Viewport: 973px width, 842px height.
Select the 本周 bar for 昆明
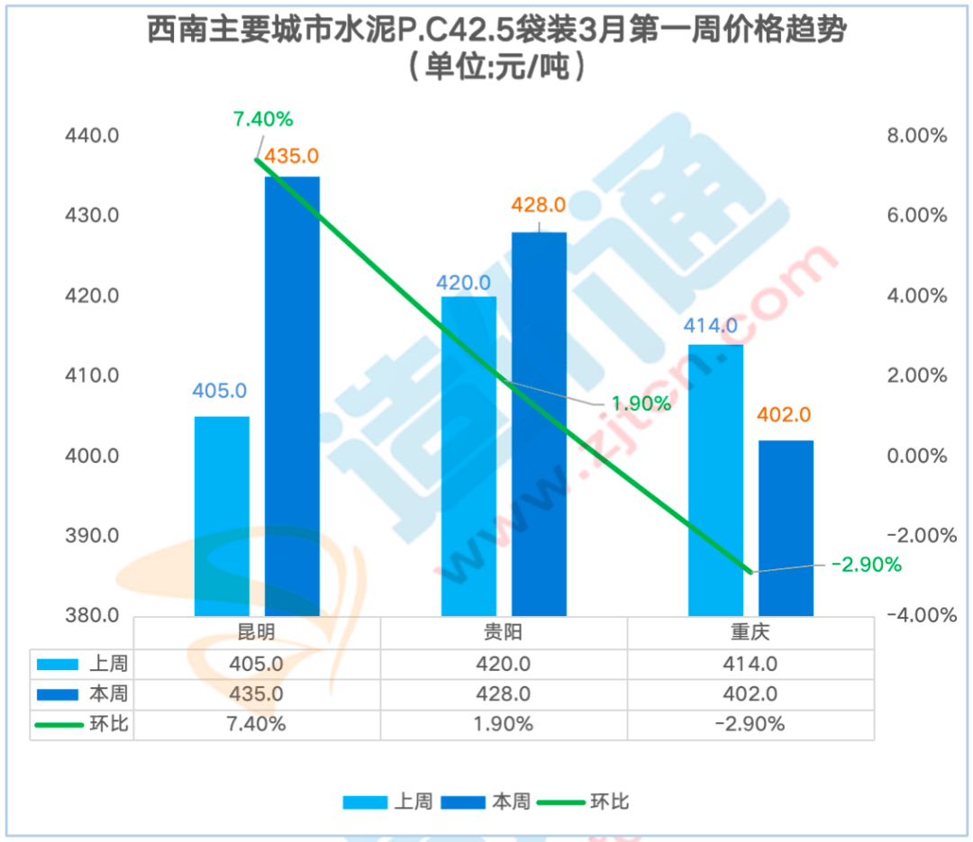[292, 396]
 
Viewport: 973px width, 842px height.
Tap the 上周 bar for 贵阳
[468, 456]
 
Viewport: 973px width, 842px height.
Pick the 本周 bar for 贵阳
[539, 424]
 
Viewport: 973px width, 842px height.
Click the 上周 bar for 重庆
[715, 480]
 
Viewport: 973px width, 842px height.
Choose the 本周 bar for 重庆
[786, 528]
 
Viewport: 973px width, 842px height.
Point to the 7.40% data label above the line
[263, 119]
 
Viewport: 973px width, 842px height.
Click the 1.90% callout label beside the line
[641, 403]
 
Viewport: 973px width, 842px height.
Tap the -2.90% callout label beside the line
[866, 565]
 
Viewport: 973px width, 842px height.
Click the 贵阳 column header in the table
[504, 632]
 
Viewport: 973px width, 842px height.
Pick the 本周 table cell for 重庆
[750, 694]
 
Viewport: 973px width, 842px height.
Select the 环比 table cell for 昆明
[257, 724]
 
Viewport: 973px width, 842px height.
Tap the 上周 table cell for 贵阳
[504, 665]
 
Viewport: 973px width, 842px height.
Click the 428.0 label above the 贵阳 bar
[539, 205]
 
